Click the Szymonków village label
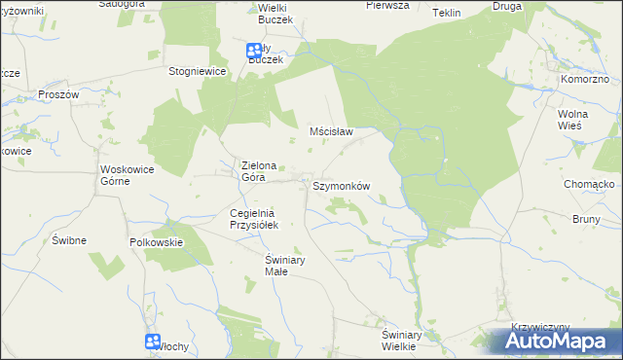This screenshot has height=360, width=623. tap(342, 185)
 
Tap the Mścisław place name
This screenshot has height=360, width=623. tap(330, 130)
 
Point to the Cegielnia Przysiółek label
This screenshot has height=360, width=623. tap(254, 219)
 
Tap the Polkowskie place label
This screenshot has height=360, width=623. tap(157, 241)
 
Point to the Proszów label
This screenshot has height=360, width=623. tap(57, 94)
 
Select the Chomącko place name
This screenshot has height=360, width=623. tap(587, 183)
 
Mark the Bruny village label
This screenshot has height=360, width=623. tap(587, 219)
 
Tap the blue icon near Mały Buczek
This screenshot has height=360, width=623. tap(253, 50)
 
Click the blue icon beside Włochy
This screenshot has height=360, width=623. tap(153, 341)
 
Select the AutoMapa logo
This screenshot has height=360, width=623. tap(556, 342)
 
